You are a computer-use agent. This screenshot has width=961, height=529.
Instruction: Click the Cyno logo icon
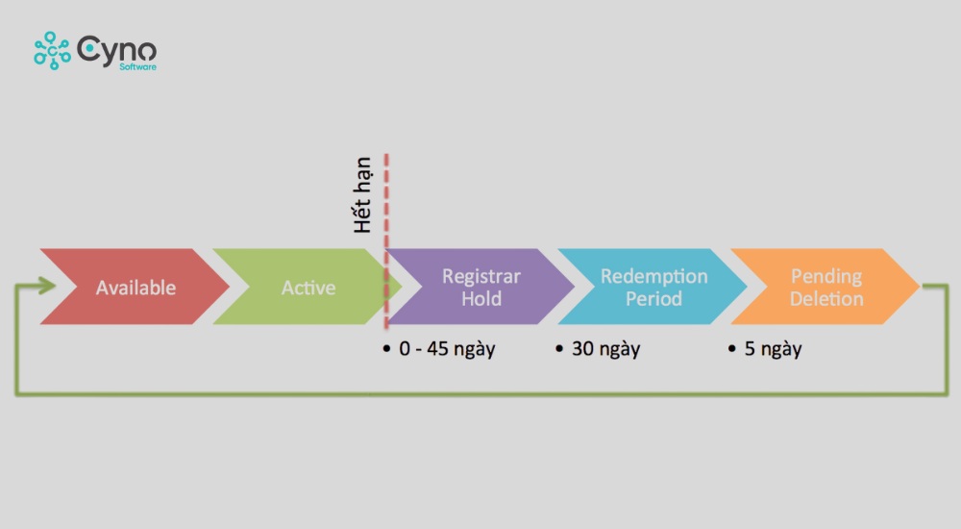[52, 50]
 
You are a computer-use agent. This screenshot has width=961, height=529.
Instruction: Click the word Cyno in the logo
[116, 48]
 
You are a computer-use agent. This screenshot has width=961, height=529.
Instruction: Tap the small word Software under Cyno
[138, 67]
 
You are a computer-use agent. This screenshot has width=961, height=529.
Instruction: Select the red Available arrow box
[135, 287]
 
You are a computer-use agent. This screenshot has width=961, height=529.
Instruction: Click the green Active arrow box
[308, 287]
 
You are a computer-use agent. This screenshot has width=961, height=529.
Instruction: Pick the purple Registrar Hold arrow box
[480, 287]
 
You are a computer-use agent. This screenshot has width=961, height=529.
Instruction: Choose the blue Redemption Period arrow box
[653, 287]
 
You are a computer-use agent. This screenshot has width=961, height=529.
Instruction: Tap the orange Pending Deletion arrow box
[825, 287]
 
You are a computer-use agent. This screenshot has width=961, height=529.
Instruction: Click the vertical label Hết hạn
[361, 195]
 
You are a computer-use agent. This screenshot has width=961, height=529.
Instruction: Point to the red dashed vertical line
[386, 212]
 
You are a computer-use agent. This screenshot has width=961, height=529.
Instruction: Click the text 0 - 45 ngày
[447, 348]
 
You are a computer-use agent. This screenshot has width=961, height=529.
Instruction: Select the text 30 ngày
[605, 348]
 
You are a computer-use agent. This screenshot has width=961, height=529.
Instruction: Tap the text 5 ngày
[773, 348]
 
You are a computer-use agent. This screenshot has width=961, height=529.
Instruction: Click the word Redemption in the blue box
[653, 276]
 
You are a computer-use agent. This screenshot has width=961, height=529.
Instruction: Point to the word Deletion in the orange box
[826, 298]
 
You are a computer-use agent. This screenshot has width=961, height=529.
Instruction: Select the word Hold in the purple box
[480, 298]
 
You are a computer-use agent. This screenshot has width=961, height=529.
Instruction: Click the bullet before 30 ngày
[559, 348]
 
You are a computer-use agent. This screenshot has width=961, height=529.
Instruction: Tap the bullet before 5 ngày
[732, 348]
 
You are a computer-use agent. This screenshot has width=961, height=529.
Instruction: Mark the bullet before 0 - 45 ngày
[386, 348]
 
